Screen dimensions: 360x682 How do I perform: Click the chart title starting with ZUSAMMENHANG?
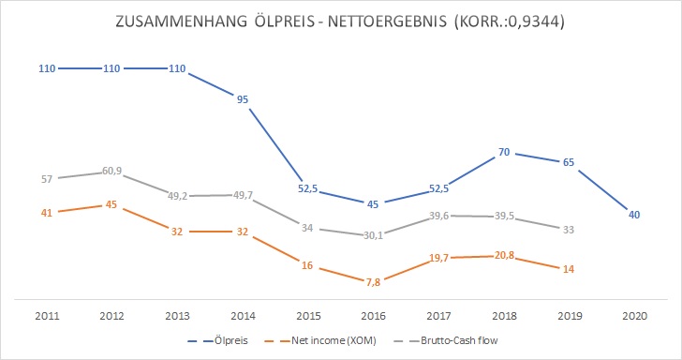341,22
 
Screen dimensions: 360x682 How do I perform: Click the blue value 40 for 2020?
634,215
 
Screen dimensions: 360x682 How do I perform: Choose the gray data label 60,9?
111,171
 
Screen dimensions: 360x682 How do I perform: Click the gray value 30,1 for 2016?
373,235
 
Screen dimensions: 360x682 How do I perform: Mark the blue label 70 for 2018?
504,152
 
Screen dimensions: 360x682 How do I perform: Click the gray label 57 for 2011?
46,179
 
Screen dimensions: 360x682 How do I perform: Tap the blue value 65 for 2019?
569,162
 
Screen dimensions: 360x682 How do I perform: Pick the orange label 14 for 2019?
569,269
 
